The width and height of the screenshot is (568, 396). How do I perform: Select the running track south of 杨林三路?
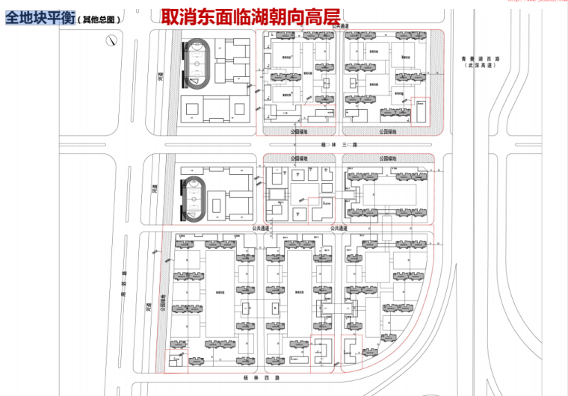point(196,199)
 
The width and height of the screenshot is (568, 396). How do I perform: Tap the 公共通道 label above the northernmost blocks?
point(341,26)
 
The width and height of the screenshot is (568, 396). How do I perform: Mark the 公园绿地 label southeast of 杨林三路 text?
point(388,158)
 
